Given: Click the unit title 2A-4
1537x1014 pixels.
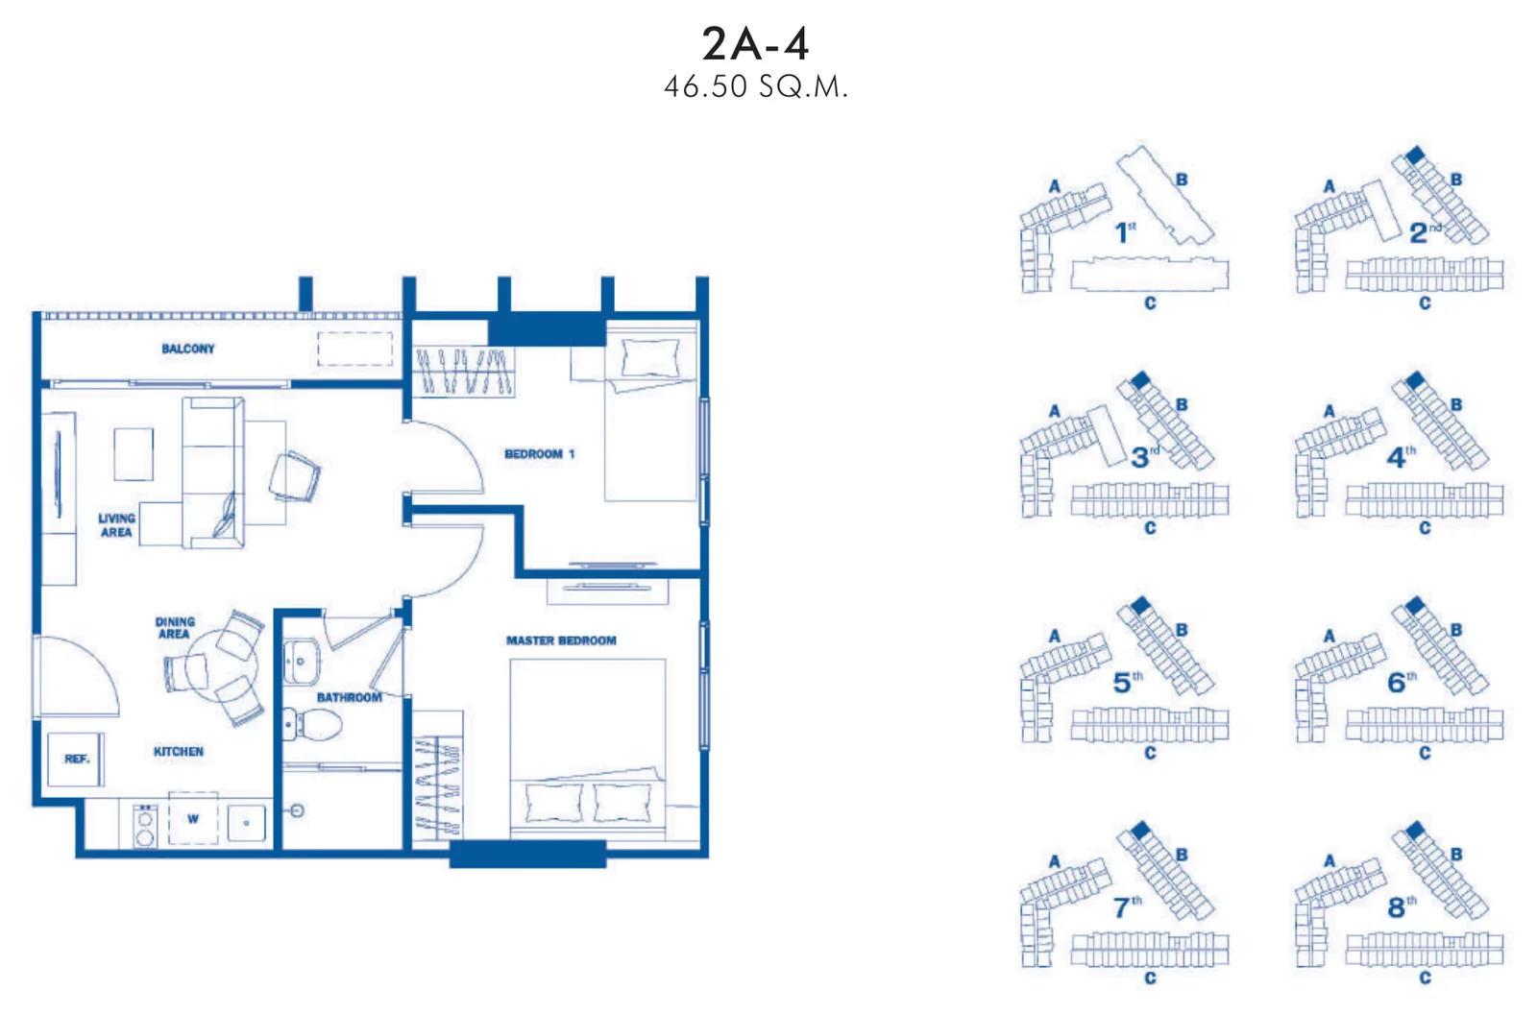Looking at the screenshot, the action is [755, 44].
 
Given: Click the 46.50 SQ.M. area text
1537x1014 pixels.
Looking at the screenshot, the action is [755, 87].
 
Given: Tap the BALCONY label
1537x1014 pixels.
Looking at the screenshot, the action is [188, 349].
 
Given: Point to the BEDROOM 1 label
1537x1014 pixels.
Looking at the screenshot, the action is [539, 454].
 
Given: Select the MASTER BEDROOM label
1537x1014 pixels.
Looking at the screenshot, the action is [561, 640].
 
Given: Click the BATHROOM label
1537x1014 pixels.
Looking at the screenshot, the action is [350, 698].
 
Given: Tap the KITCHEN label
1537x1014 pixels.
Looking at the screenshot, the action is [179, 752].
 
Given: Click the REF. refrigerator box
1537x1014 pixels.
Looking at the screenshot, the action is [76, 759].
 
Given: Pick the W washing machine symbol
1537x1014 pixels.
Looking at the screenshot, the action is [193, 818].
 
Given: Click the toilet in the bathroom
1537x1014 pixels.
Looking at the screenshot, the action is [312, 724].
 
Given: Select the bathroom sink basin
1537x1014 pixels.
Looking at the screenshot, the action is [302, 662].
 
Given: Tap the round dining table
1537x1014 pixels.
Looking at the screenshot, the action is [221, 665].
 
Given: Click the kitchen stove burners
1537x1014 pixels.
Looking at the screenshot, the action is [145, 826].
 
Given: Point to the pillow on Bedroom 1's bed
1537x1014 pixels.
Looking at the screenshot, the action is [649, 357].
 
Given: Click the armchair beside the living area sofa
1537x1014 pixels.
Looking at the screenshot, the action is [295, 476].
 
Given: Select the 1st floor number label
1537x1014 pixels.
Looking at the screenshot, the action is [1125, 232].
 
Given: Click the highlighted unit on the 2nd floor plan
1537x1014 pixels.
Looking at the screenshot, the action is [1415, 155].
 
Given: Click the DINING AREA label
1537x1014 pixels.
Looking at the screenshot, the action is [175, 628].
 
